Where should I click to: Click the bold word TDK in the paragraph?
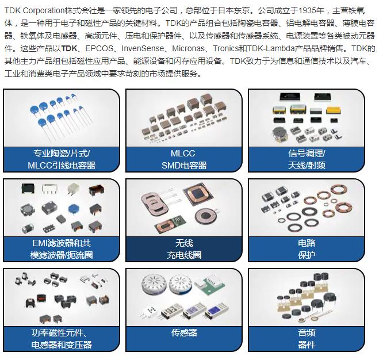coord(69,48)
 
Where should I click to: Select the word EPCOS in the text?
coord(99,48)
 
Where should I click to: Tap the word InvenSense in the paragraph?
coord(143,48)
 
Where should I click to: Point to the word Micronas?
coord(188,48)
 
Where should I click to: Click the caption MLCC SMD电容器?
coord(183,159)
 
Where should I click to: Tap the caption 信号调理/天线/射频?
coord(307,159)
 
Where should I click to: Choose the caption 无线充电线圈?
coord(184,249)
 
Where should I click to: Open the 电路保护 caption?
coord(307,249)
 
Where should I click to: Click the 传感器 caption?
coord(184,332)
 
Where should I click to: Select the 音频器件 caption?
coord(307,339)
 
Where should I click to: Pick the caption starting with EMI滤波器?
coord(62,249)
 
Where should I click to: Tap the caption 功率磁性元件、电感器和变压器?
coord(62,339)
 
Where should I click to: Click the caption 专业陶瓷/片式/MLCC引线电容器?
coord(62,159)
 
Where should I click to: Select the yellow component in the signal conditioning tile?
coord(334,110)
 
